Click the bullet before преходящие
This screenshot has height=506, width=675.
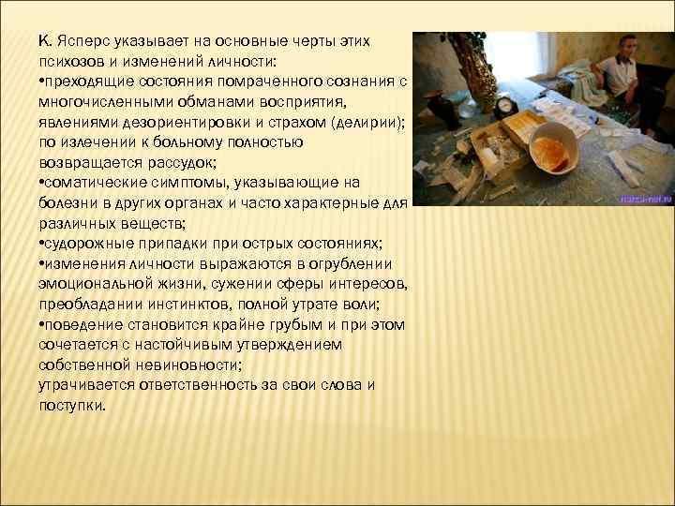42,82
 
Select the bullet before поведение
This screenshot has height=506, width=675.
42,324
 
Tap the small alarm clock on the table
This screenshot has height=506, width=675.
507,105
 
